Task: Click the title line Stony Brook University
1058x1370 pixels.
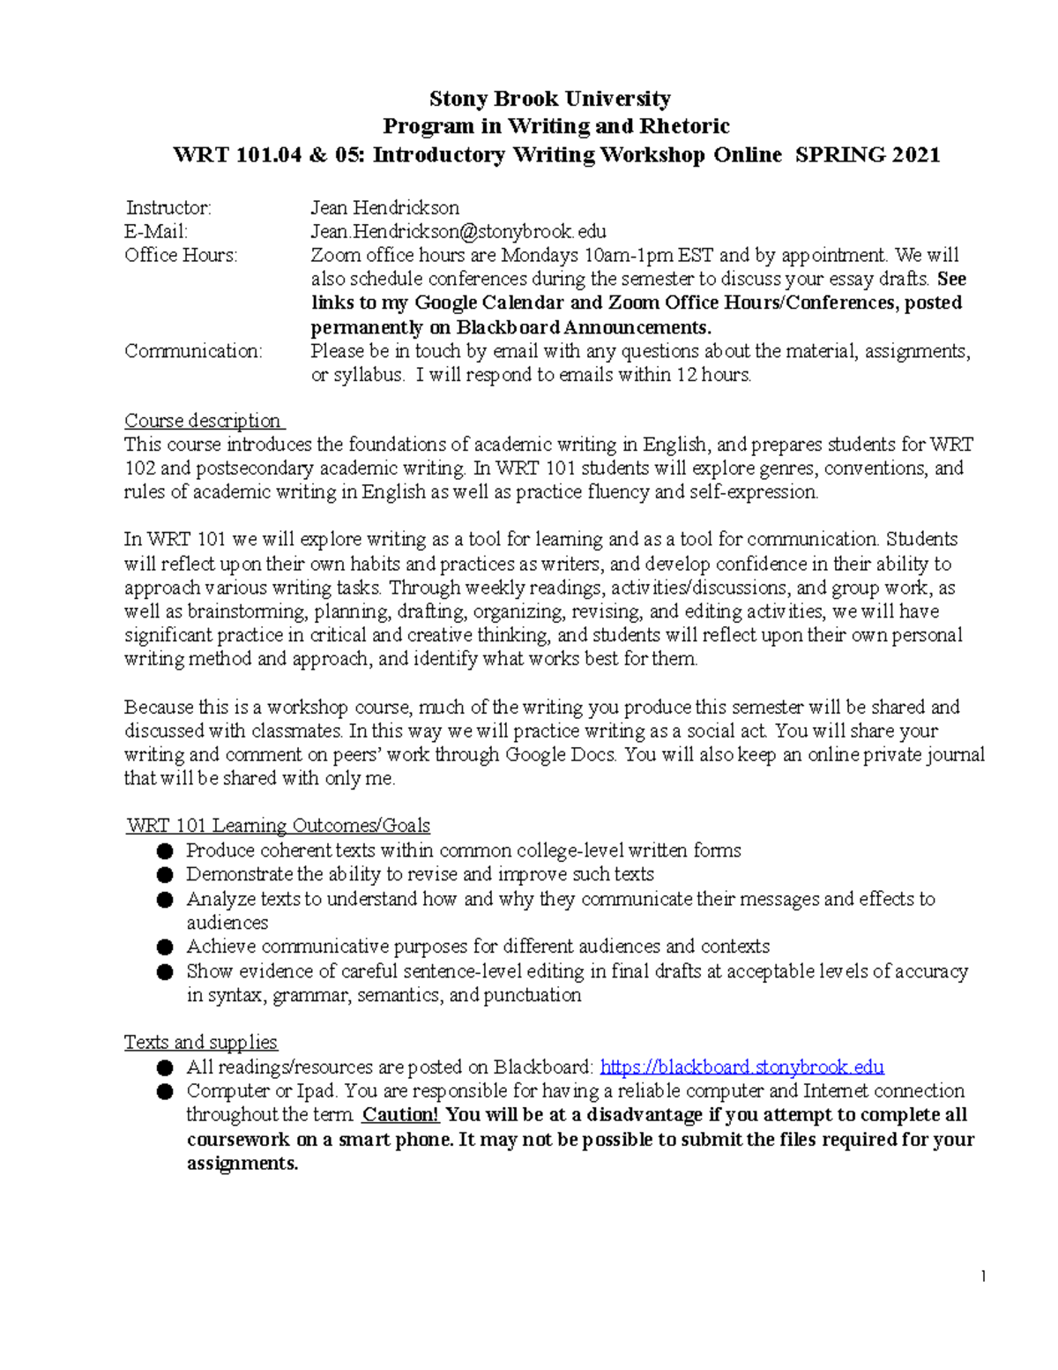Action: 549,99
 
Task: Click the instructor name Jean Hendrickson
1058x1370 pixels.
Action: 384,208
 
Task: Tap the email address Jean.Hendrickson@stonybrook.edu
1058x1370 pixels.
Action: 458,232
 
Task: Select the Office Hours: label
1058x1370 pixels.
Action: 181,256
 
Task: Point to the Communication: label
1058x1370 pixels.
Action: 193,351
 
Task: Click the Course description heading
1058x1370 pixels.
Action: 203,421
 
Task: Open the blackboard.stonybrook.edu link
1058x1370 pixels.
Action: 741,1067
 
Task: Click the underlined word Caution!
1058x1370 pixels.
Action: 400,1115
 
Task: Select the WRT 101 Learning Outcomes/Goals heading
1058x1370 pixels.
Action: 279,826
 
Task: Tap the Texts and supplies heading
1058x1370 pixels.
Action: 201,1043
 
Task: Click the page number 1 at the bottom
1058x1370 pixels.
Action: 982,1276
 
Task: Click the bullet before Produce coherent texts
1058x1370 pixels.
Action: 164,851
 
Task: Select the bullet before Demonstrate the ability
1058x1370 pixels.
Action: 164,875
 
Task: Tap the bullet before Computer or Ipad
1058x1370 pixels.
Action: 164,1092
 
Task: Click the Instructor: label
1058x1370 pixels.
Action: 168,208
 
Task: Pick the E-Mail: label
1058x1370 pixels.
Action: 156,232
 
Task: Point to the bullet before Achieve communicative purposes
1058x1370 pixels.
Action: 164,947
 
